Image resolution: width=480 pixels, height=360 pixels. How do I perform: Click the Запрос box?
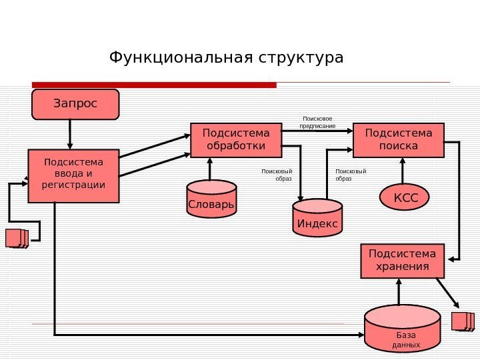pyautogui.click(x=75, y=104)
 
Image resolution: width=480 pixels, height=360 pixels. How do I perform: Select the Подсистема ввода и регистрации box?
pyautogui.click(x=73, y=175)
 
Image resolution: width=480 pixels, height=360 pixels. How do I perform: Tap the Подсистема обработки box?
pyautogui.click(x=235, y=139)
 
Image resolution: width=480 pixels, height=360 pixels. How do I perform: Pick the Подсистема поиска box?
pyautogui.click(x=398, y=139)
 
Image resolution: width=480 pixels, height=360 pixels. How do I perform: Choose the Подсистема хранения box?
pyautogui.click(x=402, y=261)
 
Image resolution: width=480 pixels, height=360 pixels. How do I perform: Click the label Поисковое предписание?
pyautogui.click(x=317, y=121)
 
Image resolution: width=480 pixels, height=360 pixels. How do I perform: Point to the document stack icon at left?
pyautogui.click(x=17, y=238)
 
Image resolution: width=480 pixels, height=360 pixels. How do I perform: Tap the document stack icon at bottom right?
pyautogui.click(x=463, y=321)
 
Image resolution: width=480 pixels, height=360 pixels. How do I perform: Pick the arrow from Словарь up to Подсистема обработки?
pyautogui.click(x=210, y=169)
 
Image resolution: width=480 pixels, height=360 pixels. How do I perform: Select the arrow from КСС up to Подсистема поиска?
pyautogui.click(x=403, y=171)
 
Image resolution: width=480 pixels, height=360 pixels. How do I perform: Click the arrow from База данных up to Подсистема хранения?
pyautogui.click(x=399, y=292)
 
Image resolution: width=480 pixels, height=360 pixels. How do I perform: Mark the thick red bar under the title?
pyautogui.click(x=154, y=85)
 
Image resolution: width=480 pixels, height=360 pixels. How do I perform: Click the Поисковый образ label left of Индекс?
pyautogui.click(x=277, y=175)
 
